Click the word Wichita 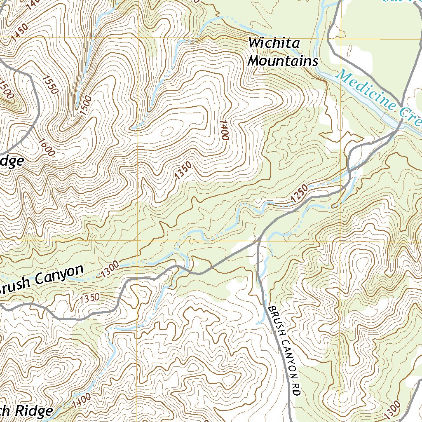click(274, 43)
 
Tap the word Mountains click(284, 61)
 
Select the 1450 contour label click(19, 32)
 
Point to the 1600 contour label click(47, 148)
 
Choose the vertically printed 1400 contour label click(224, 130)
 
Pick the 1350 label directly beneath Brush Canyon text click(90, 297)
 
